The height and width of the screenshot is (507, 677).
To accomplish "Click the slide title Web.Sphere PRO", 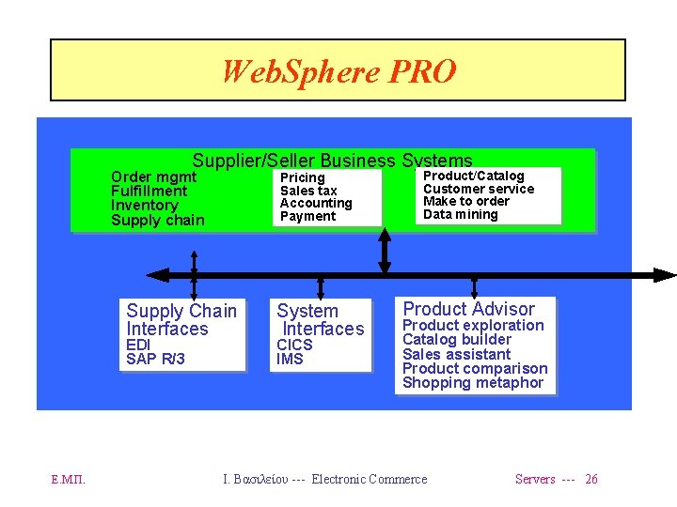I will click(338, 70).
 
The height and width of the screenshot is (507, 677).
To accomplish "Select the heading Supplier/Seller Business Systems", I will click(332, 161).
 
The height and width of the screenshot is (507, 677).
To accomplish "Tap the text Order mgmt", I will click(153, 177).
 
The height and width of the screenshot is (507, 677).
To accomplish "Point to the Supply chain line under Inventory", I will click(157, 221).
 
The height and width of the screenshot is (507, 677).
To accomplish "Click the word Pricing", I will click(302, 177).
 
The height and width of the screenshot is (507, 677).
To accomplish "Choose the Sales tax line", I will click(308, 191).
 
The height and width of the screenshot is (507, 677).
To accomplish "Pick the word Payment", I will click(307, 216).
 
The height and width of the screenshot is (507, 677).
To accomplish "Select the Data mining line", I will click(461, 214).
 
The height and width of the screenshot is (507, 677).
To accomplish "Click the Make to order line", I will click(466, 201).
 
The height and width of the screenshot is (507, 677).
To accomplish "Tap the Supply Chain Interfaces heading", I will click(181, 319).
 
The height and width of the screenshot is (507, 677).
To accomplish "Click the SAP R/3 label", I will click(155, 359).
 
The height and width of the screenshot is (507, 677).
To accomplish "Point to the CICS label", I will click(294, 345).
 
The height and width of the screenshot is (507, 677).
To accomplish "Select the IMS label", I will click(290, 359).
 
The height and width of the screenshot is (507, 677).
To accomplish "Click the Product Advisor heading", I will click(468, 309).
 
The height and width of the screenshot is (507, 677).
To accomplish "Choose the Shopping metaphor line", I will click(473, 382).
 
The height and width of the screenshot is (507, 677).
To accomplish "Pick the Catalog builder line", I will click(457, 339).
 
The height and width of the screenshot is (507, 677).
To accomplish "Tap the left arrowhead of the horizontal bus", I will click(157, 275).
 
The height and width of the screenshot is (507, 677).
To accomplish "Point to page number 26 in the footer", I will click(590, 479).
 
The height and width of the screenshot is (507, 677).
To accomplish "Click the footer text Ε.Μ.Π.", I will click(68, 479).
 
